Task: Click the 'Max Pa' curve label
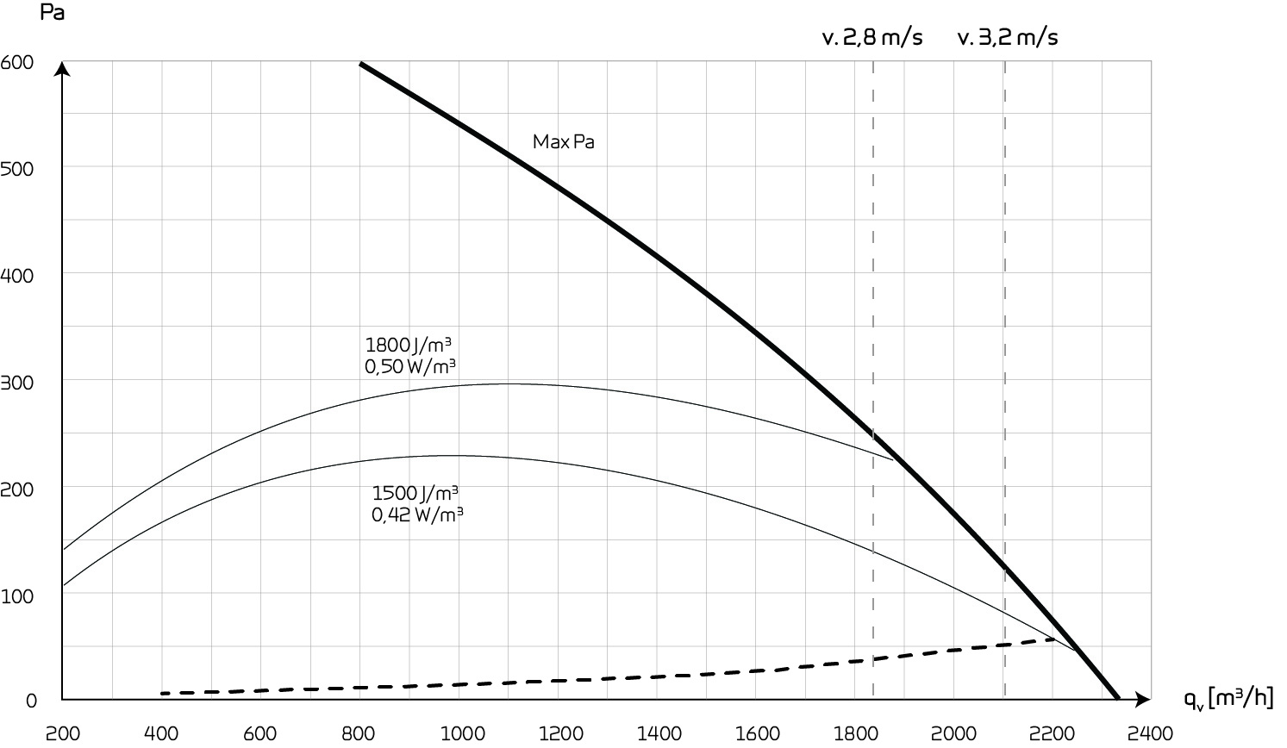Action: (x=563, y=141)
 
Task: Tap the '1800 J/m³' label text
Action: (x=409, y=345)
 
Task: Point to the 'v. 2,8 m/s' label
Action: (x=872, y=37)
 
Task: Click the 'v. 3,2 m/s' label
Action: (x=1007, y=37)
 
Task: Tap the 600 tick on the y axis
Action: (x=17, y=62)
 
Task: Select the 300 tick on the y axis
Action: (x=17, y=382)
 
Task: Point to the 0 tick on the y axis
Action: (x=31, y=701)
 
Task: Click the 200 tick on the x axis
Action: (x=62, y=733)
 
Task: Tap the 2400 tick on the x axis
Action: (x=1151, y=733)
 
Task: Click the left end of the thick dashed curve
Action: (x=162, y=693)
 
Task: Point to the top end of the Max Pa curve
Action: (x=360, y=63)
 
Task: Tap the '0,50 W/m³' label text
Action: (x=410, y=366)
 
